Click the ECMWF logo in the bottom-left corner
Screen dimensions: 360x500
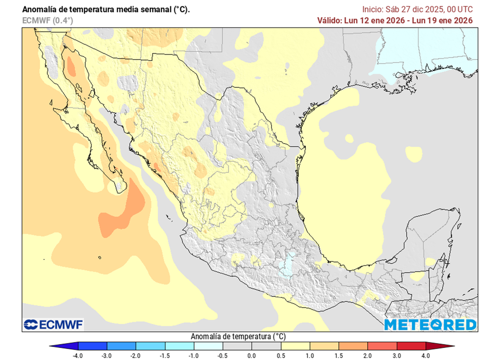(x=54, y=324)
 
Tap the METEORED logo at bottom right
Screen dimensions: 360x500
(x=430, y=325)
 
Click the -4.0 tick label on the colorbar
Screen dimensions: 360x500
(x=78, y=356)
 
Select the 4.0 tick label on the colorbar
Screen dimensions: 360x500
(x=425, y=356)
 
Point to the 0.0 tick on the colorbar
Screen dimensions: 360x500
(x=251, y=356)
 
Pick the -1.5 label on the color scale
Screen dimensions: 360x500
(x=165, y=356)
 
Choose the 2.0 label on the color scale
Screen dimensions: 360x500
(x=367, y=356)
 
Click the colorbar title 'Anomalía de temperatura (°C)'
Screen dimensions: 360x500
(x=238, y=337)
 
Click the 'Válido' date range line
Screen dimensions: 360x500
(x=395, y=21)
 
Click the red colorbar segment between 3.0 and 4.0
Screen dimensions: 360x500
(x=411, y=346)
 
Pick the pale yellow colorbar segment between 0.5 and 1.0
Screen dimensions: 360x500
(x=295, y=346)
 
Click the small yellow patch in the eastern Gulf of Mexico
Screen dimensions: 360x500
(x=414, y=154)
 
